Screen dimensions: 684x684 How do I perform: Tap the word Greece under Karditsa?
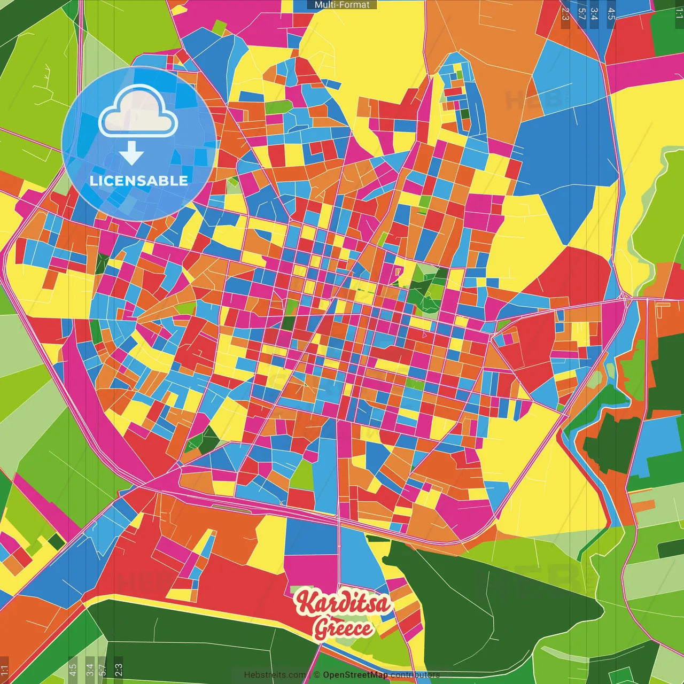point(343,628)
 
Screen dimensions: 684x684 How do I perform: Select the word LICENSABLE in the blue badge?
point(139,181)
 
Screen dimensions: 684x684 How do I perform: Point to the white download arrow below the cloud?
point(131,153)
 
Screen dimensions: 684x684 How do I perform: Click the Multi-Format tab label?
point(342,5)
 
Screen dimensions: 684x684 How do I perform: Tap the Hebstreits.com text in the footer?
point(275,675)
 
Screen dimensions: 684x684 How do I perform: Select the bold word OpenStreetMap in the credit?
point(355,675)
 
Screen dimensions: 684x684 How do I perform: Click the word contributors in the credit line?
point(415,675)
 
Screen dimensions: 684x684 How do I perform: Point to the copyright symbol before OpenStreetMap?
point(316,675)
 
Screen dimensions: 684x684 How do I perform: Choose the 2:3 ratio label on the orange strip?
point(565,14)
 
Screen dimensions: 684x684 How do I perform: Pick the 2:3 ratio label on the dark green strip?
point(119,669)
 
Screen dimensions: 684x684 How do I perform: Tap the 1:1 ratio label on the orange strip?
point(4,670)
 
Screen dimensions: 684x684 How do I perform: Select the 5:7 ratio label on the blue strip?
point(581,14)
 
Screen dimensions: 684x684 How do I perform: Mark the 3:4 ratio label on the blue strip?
point(594,14)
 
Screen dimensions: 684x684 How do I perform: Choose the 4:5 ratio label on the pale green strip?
point(73,669)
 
